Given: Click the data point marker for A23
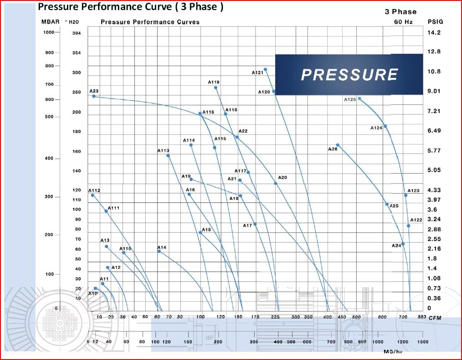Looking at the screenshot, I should point(93,96).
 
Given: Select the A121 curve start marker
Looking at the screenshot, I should point(266,69).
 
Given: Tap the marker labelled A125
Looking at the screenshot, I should point(359,98).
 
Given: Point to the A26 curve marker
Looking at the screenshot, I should point(338,145).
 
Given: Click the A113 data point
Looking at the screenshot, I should point(168,155).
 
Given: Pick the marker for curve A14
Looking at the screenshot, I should point(159,251).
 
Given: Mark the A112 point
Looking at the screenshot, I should point(92,195).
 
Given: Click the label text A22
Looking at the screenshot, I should point(243,131).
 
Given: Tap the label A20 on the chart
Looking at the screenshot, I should point(282,177).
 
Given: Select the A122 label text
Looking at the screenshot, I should point(416,220).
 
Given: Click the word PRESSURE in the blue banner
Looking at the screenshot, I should point(349,75).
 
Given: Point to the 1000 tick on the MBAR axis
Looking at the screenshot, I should point(48,32).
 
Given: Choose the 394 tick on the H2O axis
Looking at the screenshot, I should point(76,33).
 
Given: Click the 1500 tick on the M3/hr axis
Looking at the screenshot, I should point(422,342).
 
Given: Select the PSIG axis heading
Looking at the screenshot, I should point(435,21).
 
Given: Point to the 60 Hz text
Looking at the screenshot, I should point(403,21).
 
